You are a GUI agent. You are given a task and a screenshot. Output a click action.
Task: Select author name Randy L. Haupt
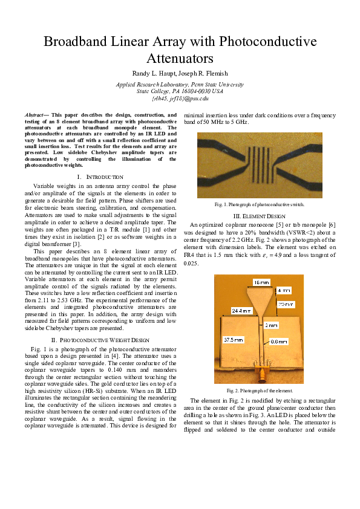pyautogui.click(x=153, y=74)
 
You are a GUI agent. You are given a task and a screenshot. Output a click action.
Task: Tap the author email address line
pyautogui.click(x=180, y=97)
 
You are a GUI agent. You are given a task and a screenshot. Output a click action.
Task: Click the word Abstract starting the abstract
pyautogui.click(x=36, y=114)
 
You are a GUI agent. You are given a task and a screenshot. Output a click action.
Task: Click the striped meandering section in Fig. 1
pyautogui.click(x=260, y=163)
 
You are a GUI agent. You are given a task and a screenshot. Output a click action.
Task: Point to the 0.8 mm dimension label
pyautogui.click(x=279, y=342)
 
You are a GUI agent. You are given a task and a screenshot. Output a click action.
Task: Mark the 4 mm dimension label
pyautogui.click(x=284, y=290)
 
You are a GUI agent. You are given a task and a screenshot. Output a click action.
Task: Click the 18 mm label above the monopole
pyautogui.click(x=261, y=282)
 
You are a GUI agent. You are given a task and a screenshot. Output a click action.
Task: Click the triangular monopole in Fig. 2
pyautogui.click(x=261, y=297)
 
